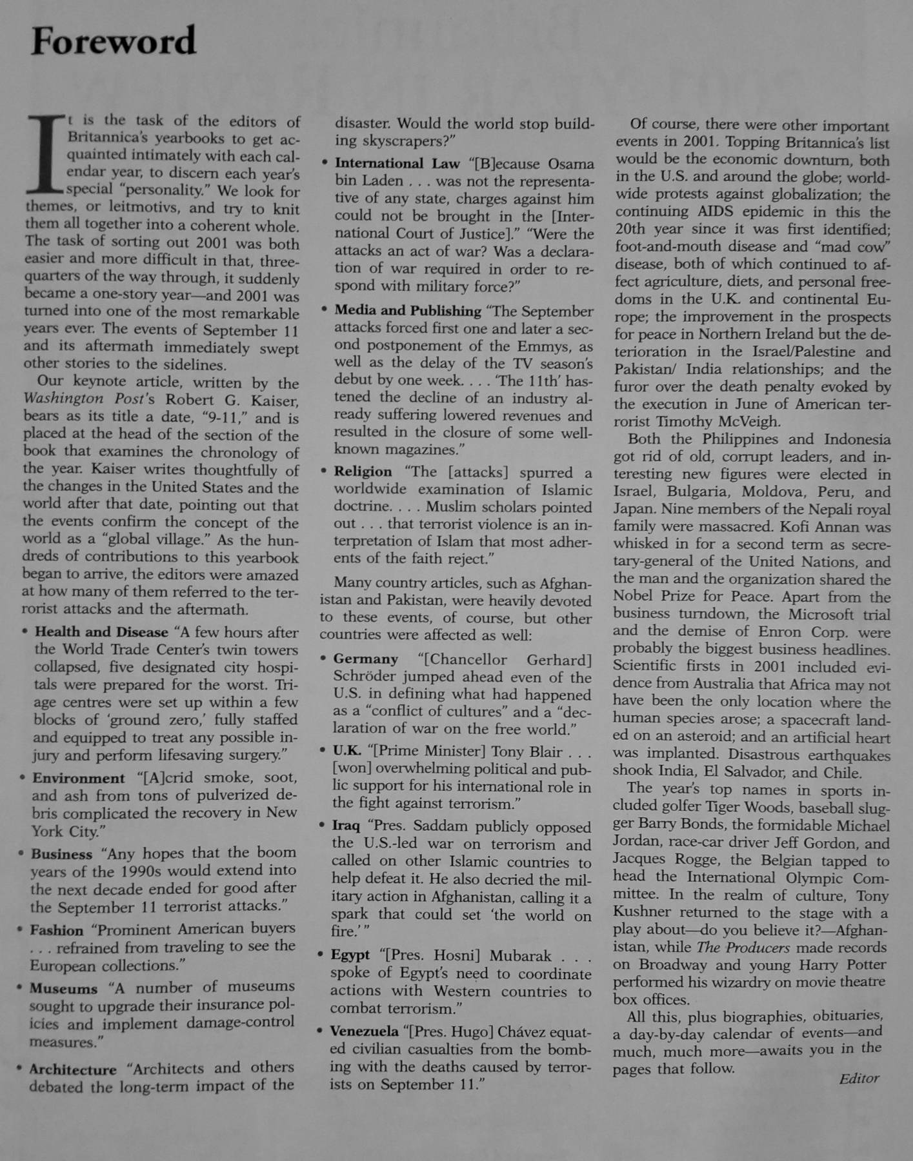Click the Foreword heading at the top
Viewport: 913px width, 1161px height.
click(114, 41)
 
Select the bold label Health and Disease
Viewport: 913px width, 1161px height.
click(101, 632)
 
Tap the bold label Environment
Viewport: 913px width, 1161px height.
click(78, 779)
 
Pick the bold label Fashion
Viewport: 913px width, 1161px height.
click(57, 930)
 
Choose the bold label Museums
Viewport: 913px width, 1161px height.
click(63, 988)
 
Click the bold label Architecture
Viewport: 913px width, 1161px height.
click(73, 1069)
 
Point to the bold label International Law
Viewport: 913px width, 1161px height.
click(397, 163)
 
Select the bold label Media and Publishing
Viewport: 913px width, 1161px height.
click(407, 311)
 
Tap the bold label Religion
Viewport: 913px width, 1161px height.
click(363, 471)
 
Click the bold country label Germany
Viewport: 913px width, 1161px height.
click(365, 659)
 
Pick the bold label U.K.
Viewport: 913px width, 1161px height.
click(347, 751)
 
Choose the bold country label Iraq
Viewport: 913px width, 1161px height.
click(346, 826)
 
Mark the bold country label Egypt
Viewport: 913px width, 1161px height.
click(350, 955)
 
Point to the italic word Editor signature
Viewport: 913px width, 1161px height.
click(859, 1078)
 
